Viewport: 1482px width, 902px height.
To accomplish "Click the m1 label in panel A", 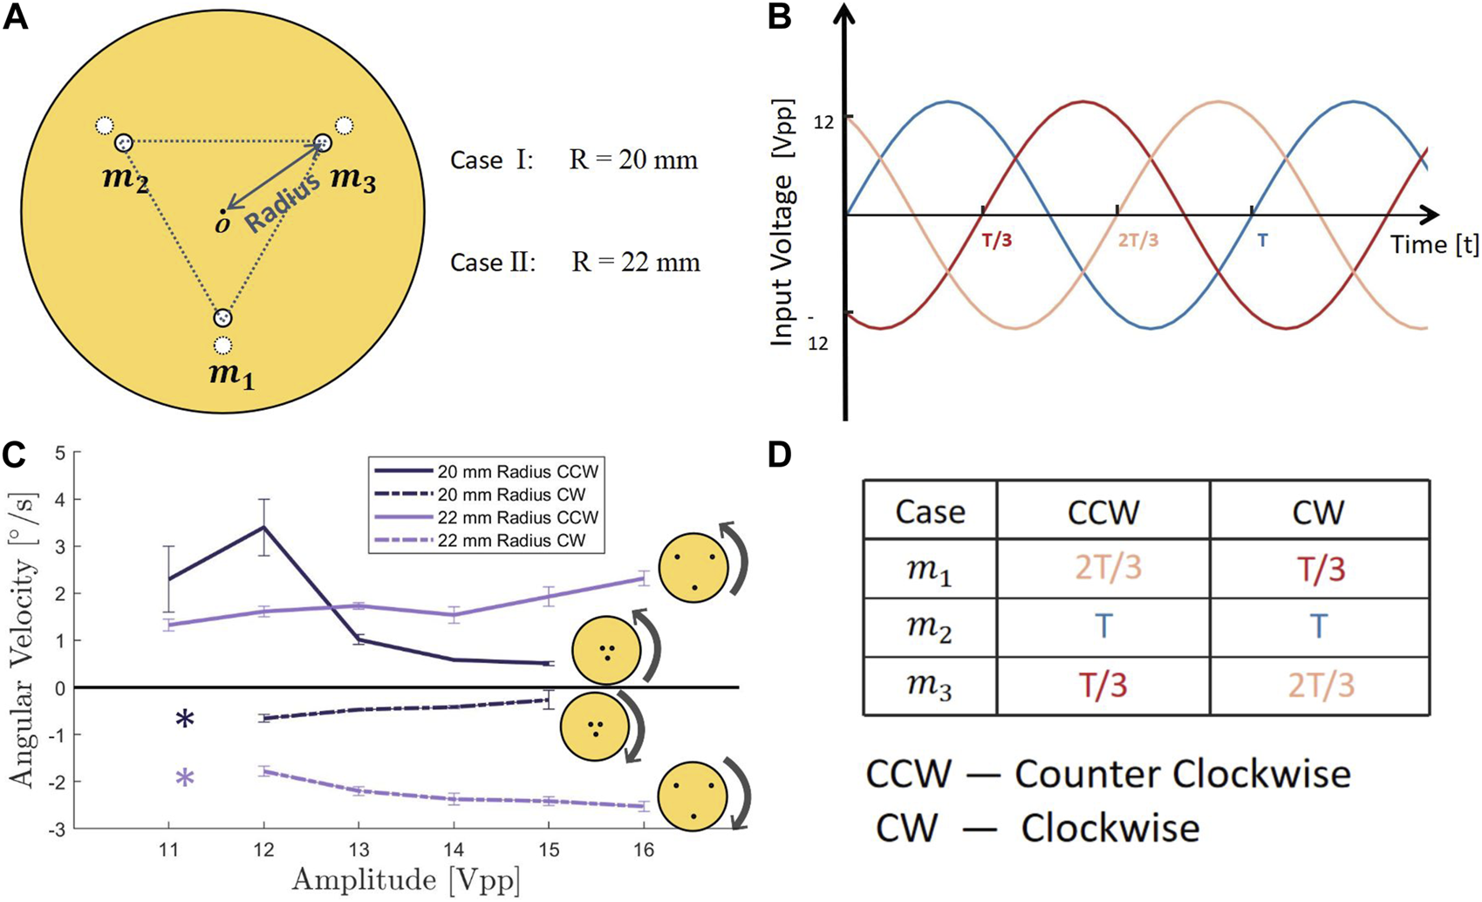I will pos(230,377).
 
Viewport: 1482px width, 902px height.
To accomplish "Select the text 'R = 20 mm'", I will pos(634,161).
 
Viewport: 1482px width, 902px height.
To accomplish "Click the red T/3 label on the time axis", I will pos(996,240).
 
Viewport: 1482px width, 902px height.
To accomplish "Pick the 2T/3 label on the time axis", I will pos(1138,240).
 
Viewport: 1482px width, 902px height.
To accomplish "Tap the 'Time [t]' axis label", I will pos(1434,245).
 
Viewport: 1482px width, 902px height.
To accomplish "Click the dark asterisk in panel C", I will pos(184,721).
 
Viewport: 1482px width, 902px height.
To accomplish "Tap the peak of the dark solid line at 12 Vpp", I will pos(263,527).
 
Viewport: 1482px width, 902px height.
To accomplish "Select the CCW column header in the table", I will pos(1103,510).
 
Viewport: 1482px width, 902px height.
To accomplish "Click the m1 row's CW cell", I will pos(1318,570).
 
